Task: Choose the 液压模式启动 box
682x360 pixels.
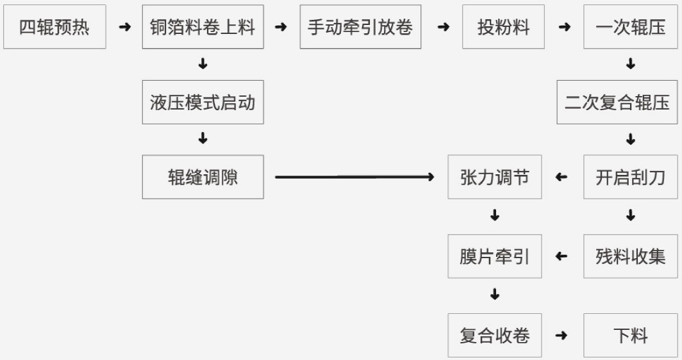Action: click(203, 102)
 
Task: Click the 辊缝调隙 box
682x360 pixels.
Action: click(203, 177)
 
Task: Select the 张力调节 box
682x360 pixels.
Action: click(494, 177)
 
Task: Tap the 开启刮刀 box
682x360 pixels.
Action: click(630, 177)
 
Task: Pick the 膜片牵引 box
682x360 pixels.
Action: click(494, 256)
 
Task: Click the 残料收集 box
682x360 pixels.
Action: click(630, 256)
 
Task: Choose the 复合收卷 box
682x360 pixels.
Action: click(494, 335)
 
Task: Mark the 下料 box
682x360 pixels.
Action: click(630, 335)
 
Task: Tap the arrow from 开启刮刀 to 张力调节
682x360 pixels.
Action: click(561, 177)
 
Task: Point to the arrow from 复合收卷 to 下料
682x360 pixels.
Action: click(561, 335)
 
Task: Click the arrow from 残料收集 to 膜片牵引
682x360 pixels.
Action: click(561, 256)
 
